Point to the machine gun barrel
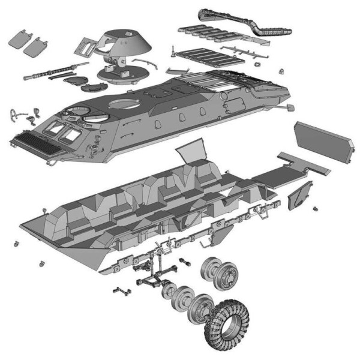tap(51, 73)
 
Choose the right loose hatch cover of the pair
tap(39, 45)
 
